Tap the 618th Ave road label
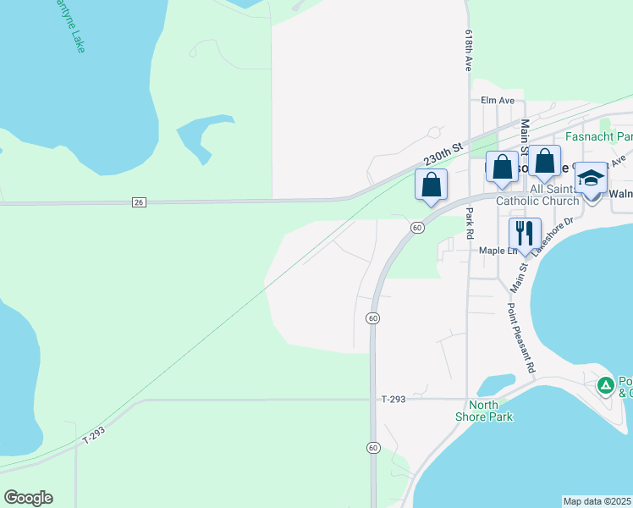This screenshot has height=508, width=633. coord(468,52)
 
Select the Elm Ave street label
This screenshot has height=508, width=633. coord(498,100)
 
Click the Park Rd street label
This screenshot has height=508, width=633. coord(470,222)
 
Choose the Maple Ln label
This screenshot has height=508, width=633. coord(498,250)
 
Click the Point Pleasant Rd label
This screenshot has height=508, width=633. coord(522,339)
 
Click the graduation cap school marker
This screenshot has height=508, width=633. coord(591,178)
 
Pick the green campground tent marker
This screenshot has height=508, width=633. coord(605,386)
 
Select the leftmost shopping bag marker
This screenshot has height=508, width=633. coord(431,182)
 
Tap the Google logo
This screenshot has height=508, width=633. coord(28,498)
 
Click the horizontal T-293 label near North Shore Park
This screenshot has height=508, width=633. coord(394,399)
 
